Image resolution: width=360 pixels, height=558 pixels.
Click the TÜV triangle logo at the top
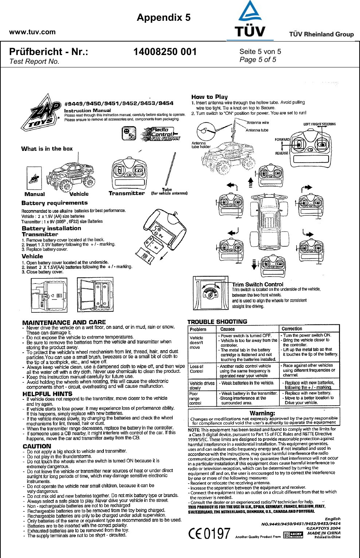pyautogui.click(x=250, y=20)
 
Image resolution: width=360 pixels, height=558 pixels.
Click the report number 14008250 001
pyautogui.click(x=165, y=52)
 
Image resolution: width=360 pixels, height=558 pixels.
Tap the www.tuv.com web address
pyautogui.click(x=32, y=32)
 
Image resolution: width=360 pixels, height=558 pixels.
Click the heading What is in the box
pyautogui.click(x=47, y=149)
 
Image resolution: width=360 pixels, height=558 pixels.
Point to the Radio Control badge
pyautogui.click(x=161, y=134)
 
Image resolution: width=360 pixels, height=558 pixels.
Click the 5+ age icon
pyautogui.click(x=128, y=133)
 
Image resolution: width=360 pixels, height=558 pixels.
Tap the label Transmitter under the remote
pyautogui.click(x=126, y=194)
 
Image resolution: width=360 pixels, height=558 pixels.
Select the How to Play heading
pyautogui.click(x=210, y=97)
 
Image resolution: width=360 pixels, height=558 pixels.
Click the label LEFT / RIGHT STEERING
pyautogui.click(x=320, y=124)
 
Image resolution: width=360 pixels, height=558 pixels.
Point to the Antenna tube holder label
pyautogui.click(x=201, y=145)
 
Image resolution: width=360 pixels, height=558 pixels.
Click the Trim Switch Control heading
pyautogui.click(x=258, y=284)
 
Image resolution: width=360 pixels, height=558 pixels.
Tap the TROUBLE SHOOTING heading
pyautogui.click(x=217, y=322)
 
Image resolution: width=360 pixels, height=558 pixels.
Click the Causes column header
pyautogui.click(x=227, y=329)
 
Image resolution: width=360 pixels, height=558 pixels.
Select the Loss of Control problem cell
pyautogui.click(x=197, y=369)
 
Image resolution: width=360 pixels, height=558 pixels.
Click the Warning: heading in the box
pyautogui.click(x=262, y=413)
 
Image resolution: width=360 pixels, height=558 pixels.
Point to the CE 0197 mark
pyautogui.click(x=210, y=534)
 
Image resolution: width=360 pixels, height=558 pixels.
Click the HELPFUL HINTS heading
pyautogui.click(x=47, y=394)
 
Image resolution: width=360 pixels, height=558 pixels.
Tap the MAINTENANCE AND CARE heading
pyautogui.click(x=64, y=322)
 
